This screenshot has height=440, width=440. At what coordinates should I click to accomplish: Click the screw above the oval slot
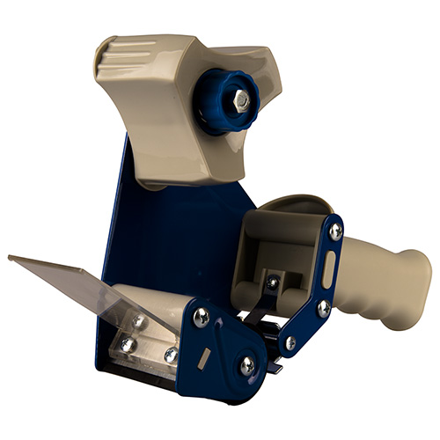point(335,231)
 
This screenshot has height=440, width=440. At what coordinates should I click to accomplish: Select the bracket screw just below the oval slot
point(324,307)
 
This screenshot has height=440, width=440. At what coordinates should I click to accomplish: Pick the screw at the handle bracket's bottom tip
point(290,341)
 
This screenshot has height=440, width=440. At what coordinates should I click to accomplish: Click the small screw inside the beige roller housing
point(273,282)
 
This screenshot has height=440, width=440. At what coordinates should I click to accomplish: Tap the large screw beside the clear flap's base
point(201,317)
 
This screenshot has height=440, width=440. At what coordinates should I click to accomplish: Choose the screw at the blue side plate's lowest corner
point(248,364)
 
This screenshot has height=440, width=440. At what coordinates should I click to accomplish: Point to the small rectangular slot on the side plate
point(203,356)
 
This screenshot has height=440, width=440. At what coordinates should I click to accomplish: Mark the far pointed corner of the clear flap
point(10,258)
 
